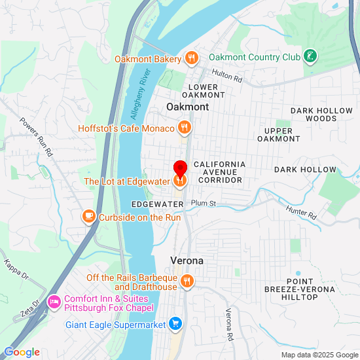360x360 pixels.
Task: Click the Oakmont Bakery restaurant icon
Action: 191,58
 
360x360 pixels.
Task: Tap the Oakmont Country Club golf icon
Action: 312,57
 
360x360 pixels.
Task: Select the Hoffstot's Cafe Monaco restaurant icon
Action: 185,128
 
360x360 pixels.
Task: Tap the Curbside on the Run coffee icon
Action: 88,217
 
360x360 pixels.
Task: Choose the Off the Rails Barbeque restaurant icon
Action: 188,282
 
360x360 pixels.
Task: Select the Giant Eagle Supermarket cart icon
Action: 175,323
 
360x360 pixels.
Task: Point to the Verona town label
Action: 187,261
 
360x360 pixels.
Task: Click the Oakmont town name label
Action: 188,107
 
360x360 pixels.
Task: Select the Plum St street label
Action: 204,204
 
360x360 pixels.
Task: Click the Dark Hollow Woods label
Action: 314,115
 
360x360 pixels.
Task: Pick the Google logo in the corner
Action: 21,352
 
